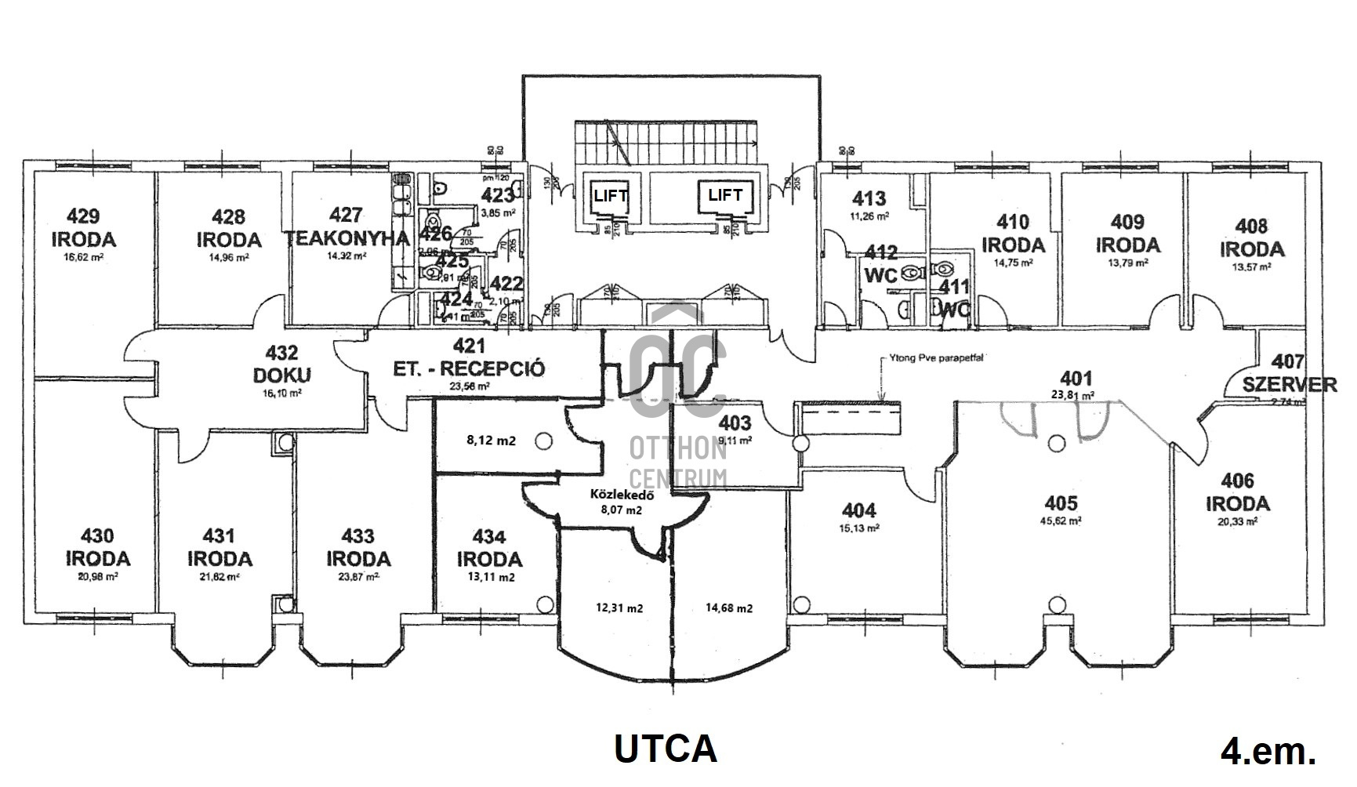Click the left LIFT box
click(x=610, y=196)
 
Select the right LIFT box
click(x=724, y=195)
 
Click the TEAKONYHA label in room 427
click(x=347, y=238)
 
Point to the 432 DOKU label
click(x=281, y=365)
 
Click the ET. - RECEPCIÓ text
click(x=469, y=368)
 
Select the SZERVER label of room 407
click(x=1290, y=384)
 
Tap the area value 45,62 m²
click(x=1061, y=520)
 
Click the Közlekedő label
click(x=622, y=495)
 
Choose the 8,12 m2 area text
click(x=492, y=441)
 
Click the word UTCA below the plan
click(x=665, y=749)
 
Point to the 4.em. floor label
click(x=1268, y=752)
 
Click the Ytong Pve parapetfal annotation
click(x=936, y=357)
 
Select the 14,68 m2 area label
click(x=729, y=607)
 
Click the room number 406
click(x=1237, y=480)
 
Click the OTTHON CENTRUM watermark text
click(x=679, y=462)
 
